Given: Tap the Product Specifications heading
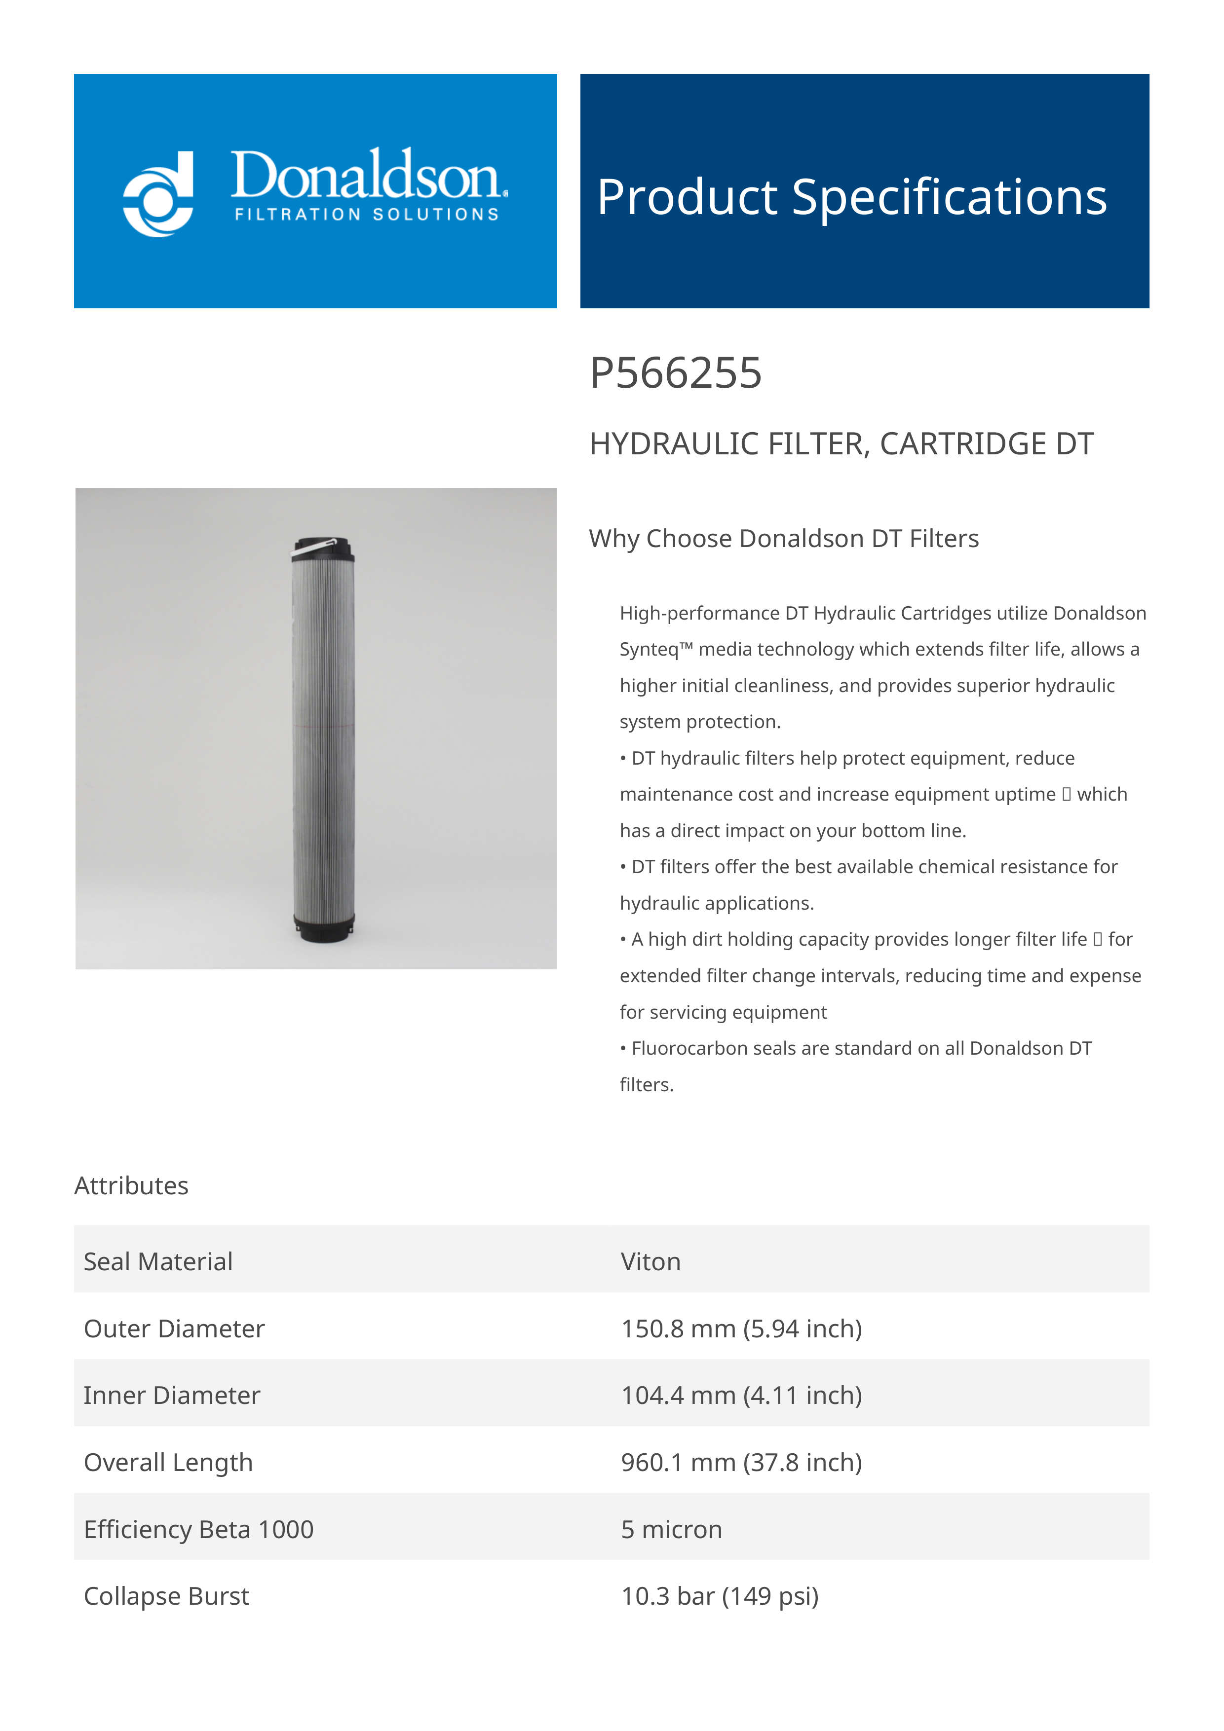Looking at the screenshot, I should tap(851, 197).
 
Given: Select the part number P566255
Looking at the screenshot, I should tap(675, 373).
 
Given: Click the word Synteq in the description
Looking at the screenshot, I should tap(649, 650).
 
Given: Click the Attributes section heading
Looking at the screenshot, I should tap(131, 1186).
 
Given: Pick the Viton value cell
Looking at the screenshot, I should tap(650, 1262).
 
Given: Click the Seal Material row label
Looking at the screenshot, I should tap(158, 1262).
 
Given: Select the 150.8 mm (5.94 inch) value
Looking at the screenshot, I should tap(741, 1329).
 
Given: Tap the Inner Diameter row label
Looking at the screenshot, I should tap(172, 1396).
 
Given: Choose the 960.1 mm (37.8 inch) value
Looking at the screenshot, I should tap(741, 1463).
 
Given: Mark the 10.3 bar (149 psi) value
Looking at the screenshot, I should tap(720, 1596).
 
